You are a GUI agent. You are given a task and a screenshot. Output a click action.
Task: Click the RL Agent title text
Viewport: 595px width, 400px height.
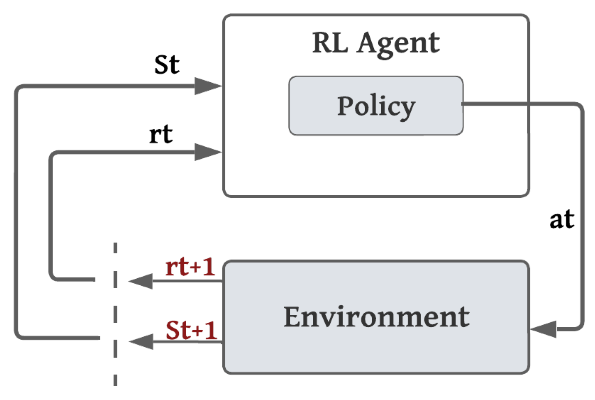click(x=375, y=43)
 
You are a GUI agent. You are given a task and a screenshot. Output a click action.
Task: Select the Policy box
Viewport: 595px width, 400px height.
click(x=376, y=106)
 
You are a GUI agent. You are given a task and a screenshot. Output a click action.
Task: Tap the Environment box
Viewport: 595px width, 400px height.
click(x=376, y=317)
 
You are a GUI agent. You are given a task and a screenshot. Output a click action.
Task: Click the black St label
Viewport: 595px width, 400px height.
click(x=167, y=65)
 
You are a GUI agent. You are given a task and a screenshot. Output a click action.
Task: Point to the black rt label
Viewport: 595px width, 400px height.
click(x=161, y=134)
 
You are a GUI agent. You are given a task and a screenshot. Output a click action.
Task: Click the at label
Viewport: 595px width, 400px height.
click(x=562, y=219)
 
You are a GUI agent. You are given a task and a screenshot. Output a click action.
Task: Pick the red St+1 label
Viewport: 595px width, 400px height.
click(x=191, y=330)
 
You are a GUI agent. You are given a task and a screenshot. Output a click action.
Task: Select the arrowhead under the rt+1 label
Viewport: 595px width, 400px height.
click(x=141, y=281)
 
